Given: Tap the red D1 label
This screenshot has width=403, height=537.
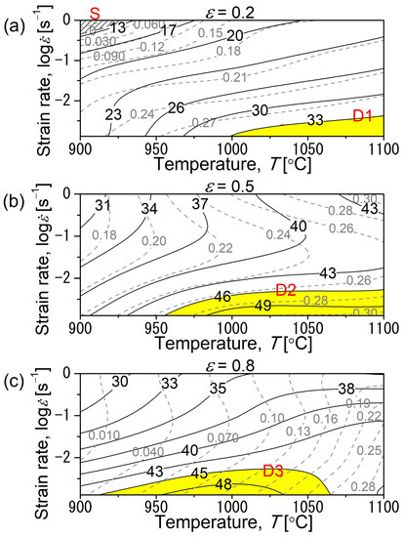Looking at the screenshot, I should coord(363,117).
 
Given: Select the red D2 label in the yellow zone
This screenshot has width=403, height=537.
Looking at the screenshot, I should coord(287,289).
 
